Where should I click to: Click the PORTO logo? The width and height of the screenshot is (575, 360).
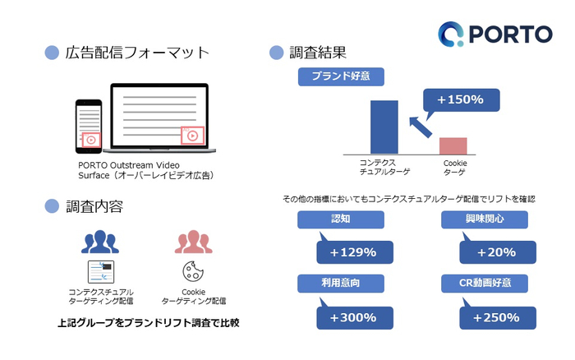[495, 35]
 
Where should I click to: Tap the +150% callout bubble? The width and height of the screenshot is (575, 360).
[461, 99]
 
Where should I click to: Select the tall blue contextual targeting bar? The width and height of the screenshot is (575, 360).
[384, 127]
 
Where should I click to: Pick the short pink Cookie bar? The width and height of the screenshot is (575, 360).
[453, 146]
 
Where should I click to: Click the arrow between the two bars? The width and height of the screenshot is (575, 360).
[421, 127]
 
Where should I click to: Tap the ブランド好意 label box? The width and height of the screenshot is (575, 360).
[341, 76]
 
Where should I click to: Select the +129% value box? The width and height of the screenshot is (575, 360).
[355, 252]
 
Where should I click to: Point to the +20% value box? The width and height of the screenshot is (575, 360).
[498, 252]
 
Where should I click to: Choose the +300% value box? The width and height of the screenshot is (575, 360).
[355, 317]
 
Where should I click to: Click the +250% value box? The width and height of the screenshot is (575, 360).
[498, 317]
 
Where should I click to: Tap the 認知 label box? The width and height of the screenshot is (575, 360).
[341, 219]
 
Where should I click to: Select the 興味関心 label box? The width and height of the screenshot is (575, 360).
[485, 219]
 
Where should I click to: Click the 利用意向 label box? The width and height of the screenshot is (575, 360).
[341, 284]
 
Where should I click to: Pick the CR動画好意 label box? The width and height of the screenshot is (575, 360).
[485, 284]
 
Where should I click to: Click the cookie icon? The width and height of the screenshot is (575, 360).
[193, 271]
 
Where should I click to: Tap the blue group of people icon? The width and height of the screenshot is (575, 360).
[99, 242]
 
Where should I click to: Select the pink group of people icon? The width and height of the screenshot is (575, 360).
[193, 242]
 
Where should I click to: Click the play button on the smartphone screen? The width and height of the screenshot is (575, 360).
[91, 140]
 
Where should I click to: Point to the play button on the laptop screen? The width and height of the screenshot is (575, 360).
[192, 136]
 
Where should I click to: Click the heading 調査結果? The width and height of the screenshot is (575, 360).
[318, 53]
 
